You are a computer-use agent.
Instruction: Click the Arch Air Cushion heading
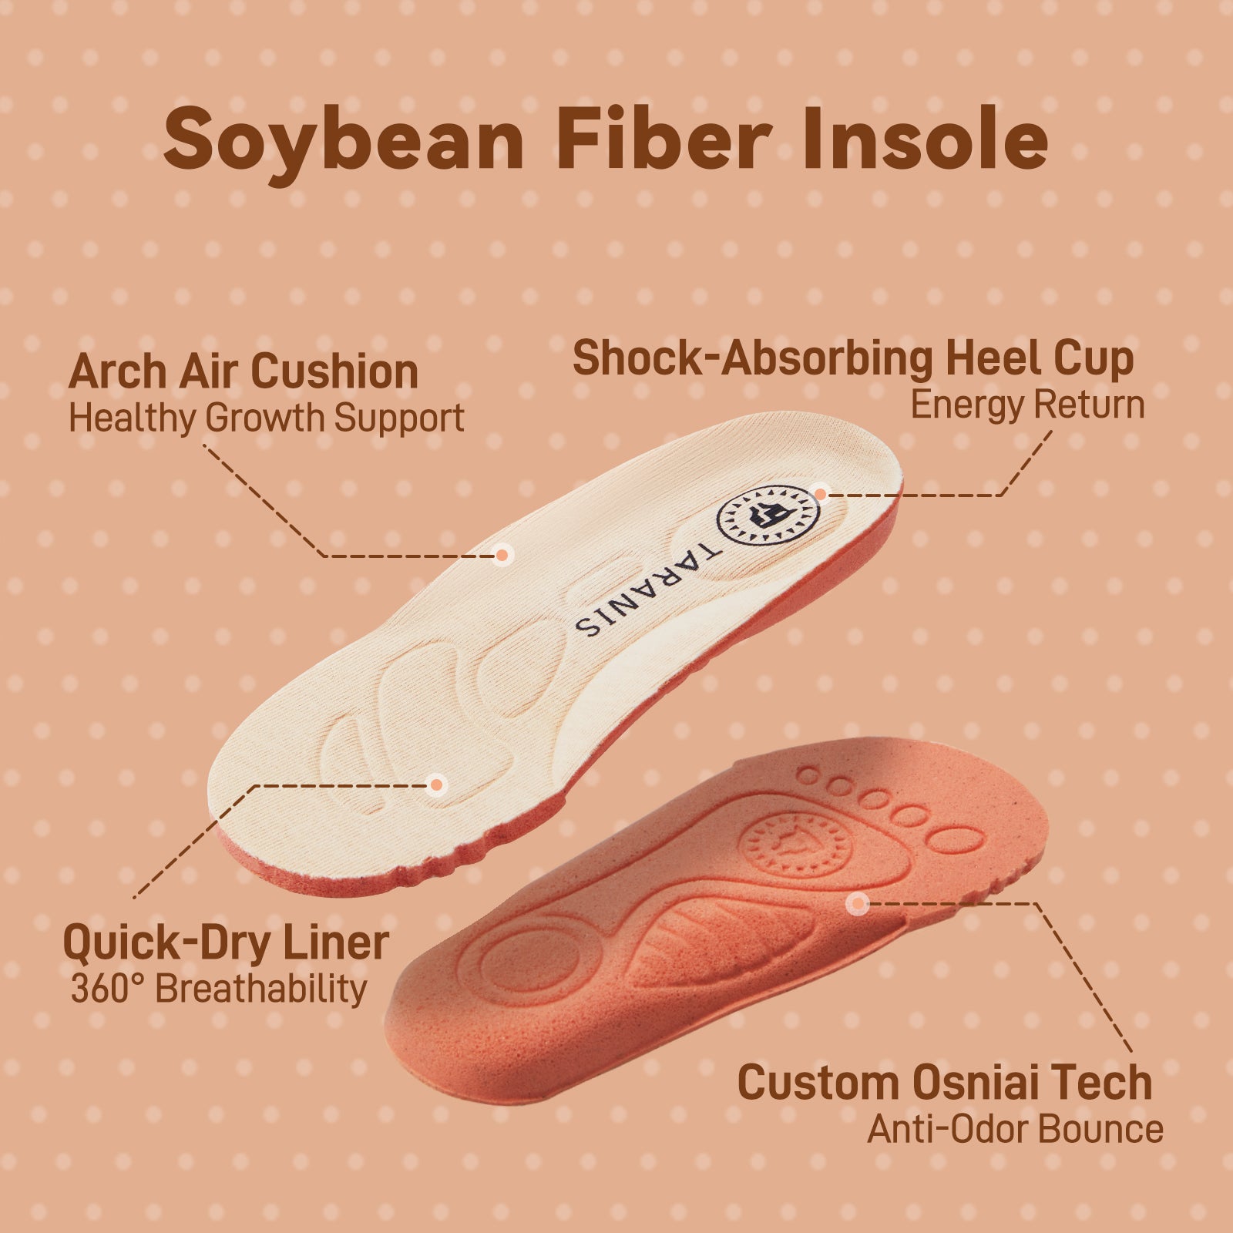tap(243, 371)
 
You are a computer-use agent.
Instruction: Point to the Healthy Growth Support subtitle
tap(266, 418)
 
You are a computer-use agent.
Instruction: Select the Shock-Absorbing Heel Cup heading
tap(853, 360)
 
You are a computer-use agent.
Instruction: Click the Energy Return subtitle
tap(1027, 405)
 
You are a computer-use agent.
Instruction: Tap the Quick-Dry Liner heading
tap(226, 942)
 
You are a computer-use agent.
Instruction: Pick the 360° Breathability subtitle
tap(219, 989)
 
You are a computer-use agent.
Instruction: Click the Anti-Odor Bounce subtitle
tap(1015, 1130)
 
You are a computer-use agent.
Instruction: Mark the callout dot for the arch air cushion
tap(502, 554)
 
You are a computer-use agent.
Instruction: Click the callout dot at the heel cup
tap(821, 494)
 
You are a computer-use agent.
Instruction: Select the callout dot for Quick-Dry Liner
tap(437, 785)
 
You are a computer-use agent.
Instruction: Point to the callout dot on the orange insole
tap(857, 904)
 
